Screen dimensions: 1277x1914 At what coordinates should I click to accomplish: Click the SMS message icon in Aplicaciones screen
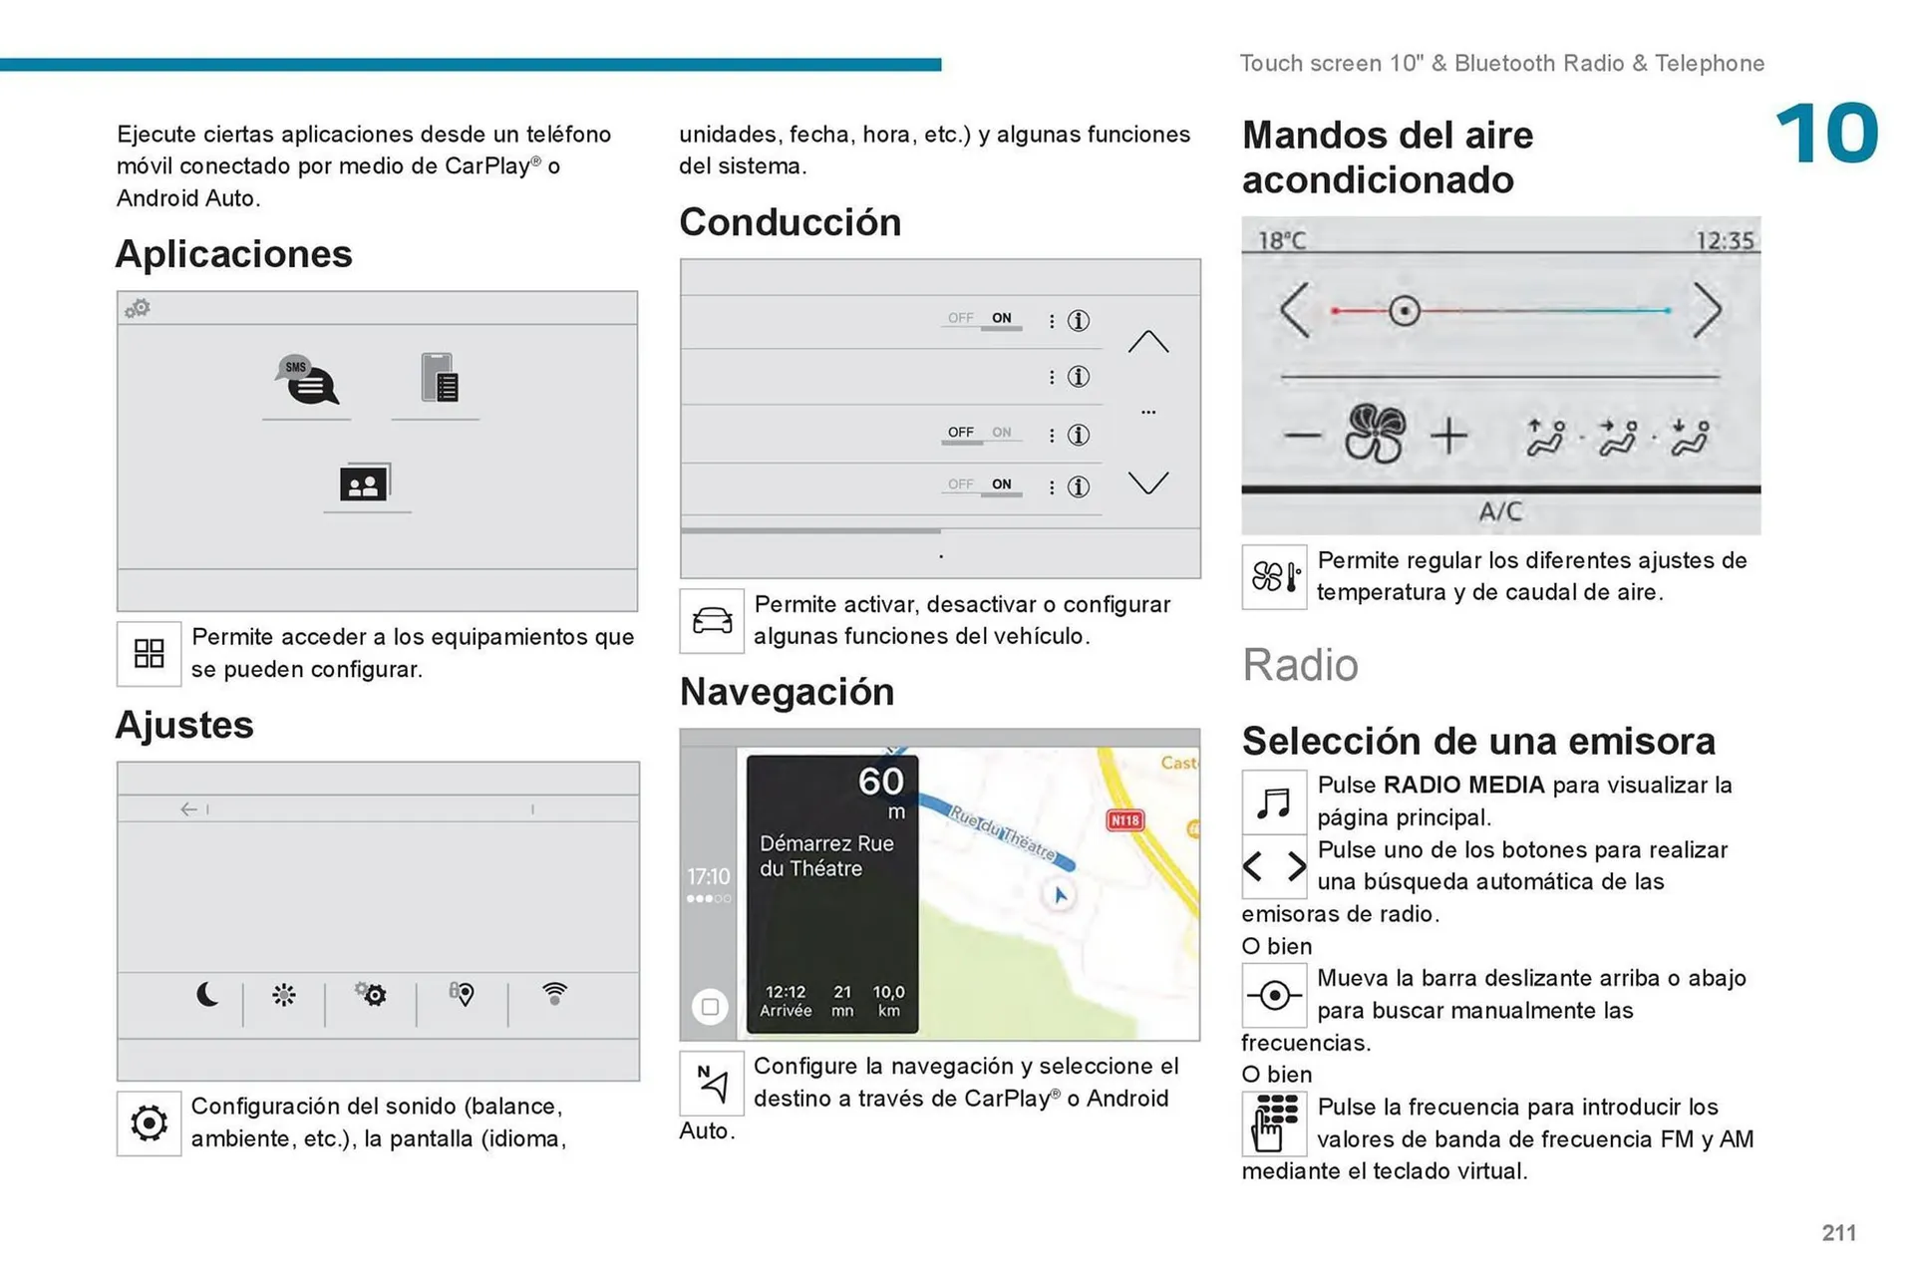coord(307,380)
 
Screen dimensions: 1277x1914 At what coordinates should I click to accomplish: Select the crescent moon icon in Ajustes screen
coord(207,994)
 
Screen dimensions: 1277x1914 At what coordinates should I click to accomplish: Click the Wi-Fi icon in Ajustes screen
coord(554,992)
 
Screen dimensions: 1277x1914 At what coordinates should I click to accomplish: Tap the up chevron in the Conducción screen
coord(1147,342)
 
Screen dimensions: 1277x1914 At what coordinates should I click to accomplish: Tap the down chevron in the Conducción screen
coord(1147,483)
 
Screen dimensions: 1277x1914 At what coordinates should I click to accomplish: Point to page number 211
coord(1838,1232)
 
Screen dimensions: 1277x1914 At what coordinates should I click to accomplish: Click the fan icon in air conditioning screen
coord(1375,434)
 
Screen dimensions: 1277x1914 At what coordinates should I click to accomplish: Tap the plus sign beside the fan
coord(1448,436)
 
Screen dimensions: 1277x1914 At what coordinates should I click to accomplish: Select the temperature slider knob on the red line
coord(1404,311)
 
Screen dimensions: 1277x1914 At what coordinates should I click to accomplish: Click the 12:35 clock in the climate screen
coord(1724,240)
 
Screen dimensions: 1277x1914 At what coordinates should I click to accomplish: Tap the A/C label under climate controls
coord(1499,511)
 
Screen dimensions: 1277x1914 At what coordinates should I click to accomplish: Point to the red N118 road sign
coord(1124,819)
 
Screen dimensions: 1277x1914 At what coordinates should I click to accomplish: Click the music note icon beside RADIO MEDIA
coord(1273,801)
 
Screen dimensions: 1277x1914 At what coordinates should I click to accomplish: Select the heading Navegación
coord(787,692)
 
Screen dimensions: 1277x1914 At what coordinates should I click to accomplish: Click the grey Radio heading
coord(1299,665)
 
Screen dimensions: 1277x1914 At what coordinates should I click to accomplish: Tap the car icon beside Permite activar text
coord(712,620)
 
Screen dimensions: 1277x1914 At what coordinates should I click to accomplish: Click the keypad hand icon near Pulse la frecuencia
coord(1273,1123)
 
